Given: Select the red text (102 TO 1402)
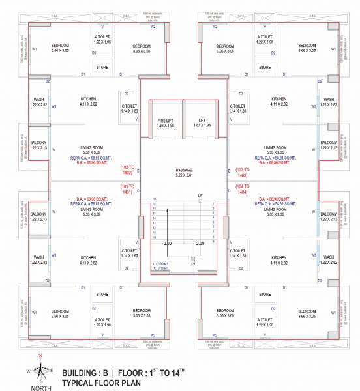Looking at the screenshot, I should pyautogui.click(x=128, y=170).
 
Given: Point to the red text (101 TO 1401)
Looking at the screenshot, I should pyautogui.click(x=128, y=190).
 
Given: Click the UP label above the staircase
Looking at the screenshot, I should pyautogui.click(x=200, y=195).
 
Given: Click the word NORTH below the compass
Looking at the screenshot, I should pyautogui.click(x=40, y=387).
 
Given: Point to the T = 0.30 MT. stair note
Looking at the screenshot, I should pyautogui.click(x=158, y=263).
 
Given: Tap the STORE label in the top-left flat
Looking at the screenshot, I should pyautogui.click(x=102, y=66).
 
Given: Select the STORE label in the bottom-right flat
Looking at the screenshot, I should pyautogui.click(x=265, y=294).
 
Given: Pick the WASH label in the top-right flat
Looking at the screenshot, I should pyautogui.click(x=329, y=102).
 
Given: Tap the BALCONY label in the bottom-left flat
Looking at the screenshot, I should pyautogui.click(x=38, y=216).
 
